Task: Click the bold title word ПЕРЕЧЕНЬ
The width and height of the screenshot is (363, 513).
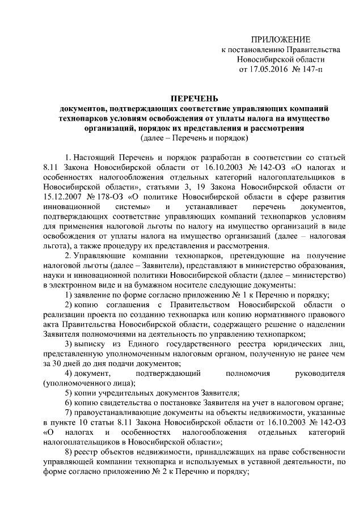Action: click(x=194, y=99)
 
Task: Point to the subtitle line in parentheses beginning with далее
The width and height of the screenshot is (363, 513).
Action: click(x=194, y=137)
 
